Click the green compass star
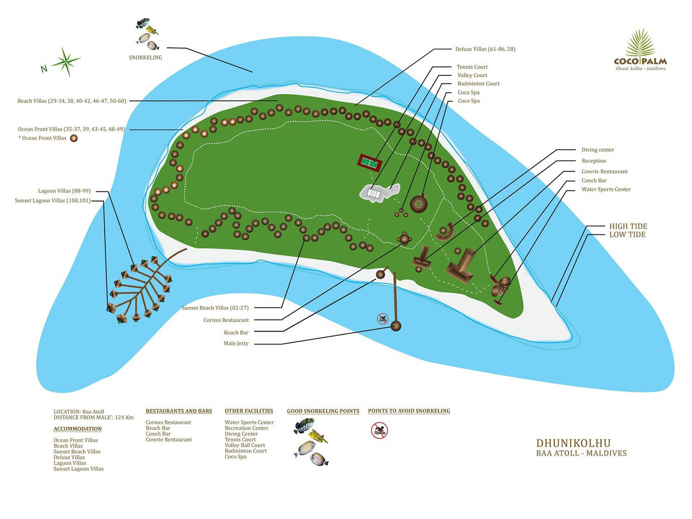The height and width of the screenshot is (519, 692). (x=66, y=61)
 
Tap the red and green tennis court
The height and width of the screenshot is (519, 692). (x=370, y=163)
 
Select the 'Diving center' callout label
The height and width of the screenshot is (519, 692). (x=598, y=149)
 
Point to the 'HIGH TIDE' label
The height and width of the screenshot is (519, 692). (x=628, y=226)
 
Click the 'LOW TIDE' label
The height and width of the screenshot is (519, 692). (x=627, y=234)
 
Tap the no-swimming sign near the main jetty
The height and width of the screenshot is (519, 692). (x=383, y=319)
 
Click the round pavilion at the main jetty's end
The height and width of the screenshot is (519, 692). (x=396, y=326)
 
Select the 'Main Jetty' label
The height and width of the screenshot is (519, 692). (x=236, y=343)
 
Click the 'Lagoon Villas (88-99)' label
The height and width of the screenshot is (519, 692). (x=64, y=191)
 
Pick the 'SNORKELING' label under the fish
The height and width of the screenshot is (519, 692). (x=145, y=57)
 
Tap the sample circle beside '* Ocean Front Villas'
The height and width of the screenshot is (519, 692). (x=74, y=138)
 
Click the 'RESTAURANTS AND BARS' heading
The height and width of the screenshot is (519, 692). (x=179, y=411)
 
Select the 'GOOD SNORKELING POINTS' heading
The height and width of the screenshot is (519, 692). (x=323, y=411)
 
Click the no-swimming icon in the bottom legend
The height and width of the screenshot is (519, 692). (x=379, y=430)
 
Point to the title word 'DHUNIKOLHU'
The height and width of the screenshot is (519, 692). (x=573, y=443)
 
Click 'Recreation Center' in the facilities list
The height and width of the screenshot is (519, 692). (x=246, y=428)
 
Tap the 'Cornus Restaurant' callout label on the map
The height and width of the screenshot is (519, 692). (x=226, y=320)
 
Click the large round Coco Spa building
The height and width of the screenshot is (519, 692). (x=418, y=204)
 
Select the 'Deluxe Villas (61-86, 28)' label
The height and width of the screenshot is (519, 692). (x=485, y=49)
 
